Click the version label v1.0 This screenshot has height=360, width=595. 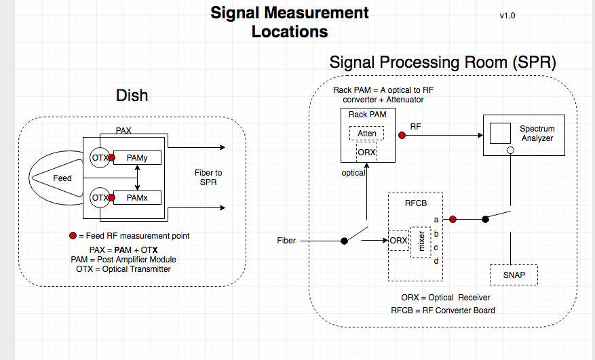[x=507, y=15]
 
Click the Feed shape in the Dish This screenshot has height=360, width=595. [x=63, y=178]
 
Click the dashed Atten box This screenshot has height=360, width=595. [x=367, y=134]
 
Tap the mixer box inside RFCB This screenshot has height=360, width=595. [x=421, y=242]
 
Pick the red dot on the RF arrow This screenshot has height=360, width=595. [x=402, y=136]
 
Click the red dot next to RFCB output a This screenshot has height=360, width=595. [x=453, y=219]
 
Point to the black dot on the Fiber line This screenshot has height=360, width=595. [x=344, y=241]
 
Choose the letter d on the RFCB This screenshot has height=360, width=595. [x=436, y=261]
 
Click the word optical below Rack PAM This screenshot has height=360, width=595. [x=353, y=173]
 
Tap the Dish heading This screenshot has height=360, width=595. [x=132, y=96]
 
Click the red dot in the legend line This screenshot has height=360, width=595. [x=73, y=236]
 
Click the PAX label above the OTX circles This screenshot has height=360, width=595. [x=123, y=130]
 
